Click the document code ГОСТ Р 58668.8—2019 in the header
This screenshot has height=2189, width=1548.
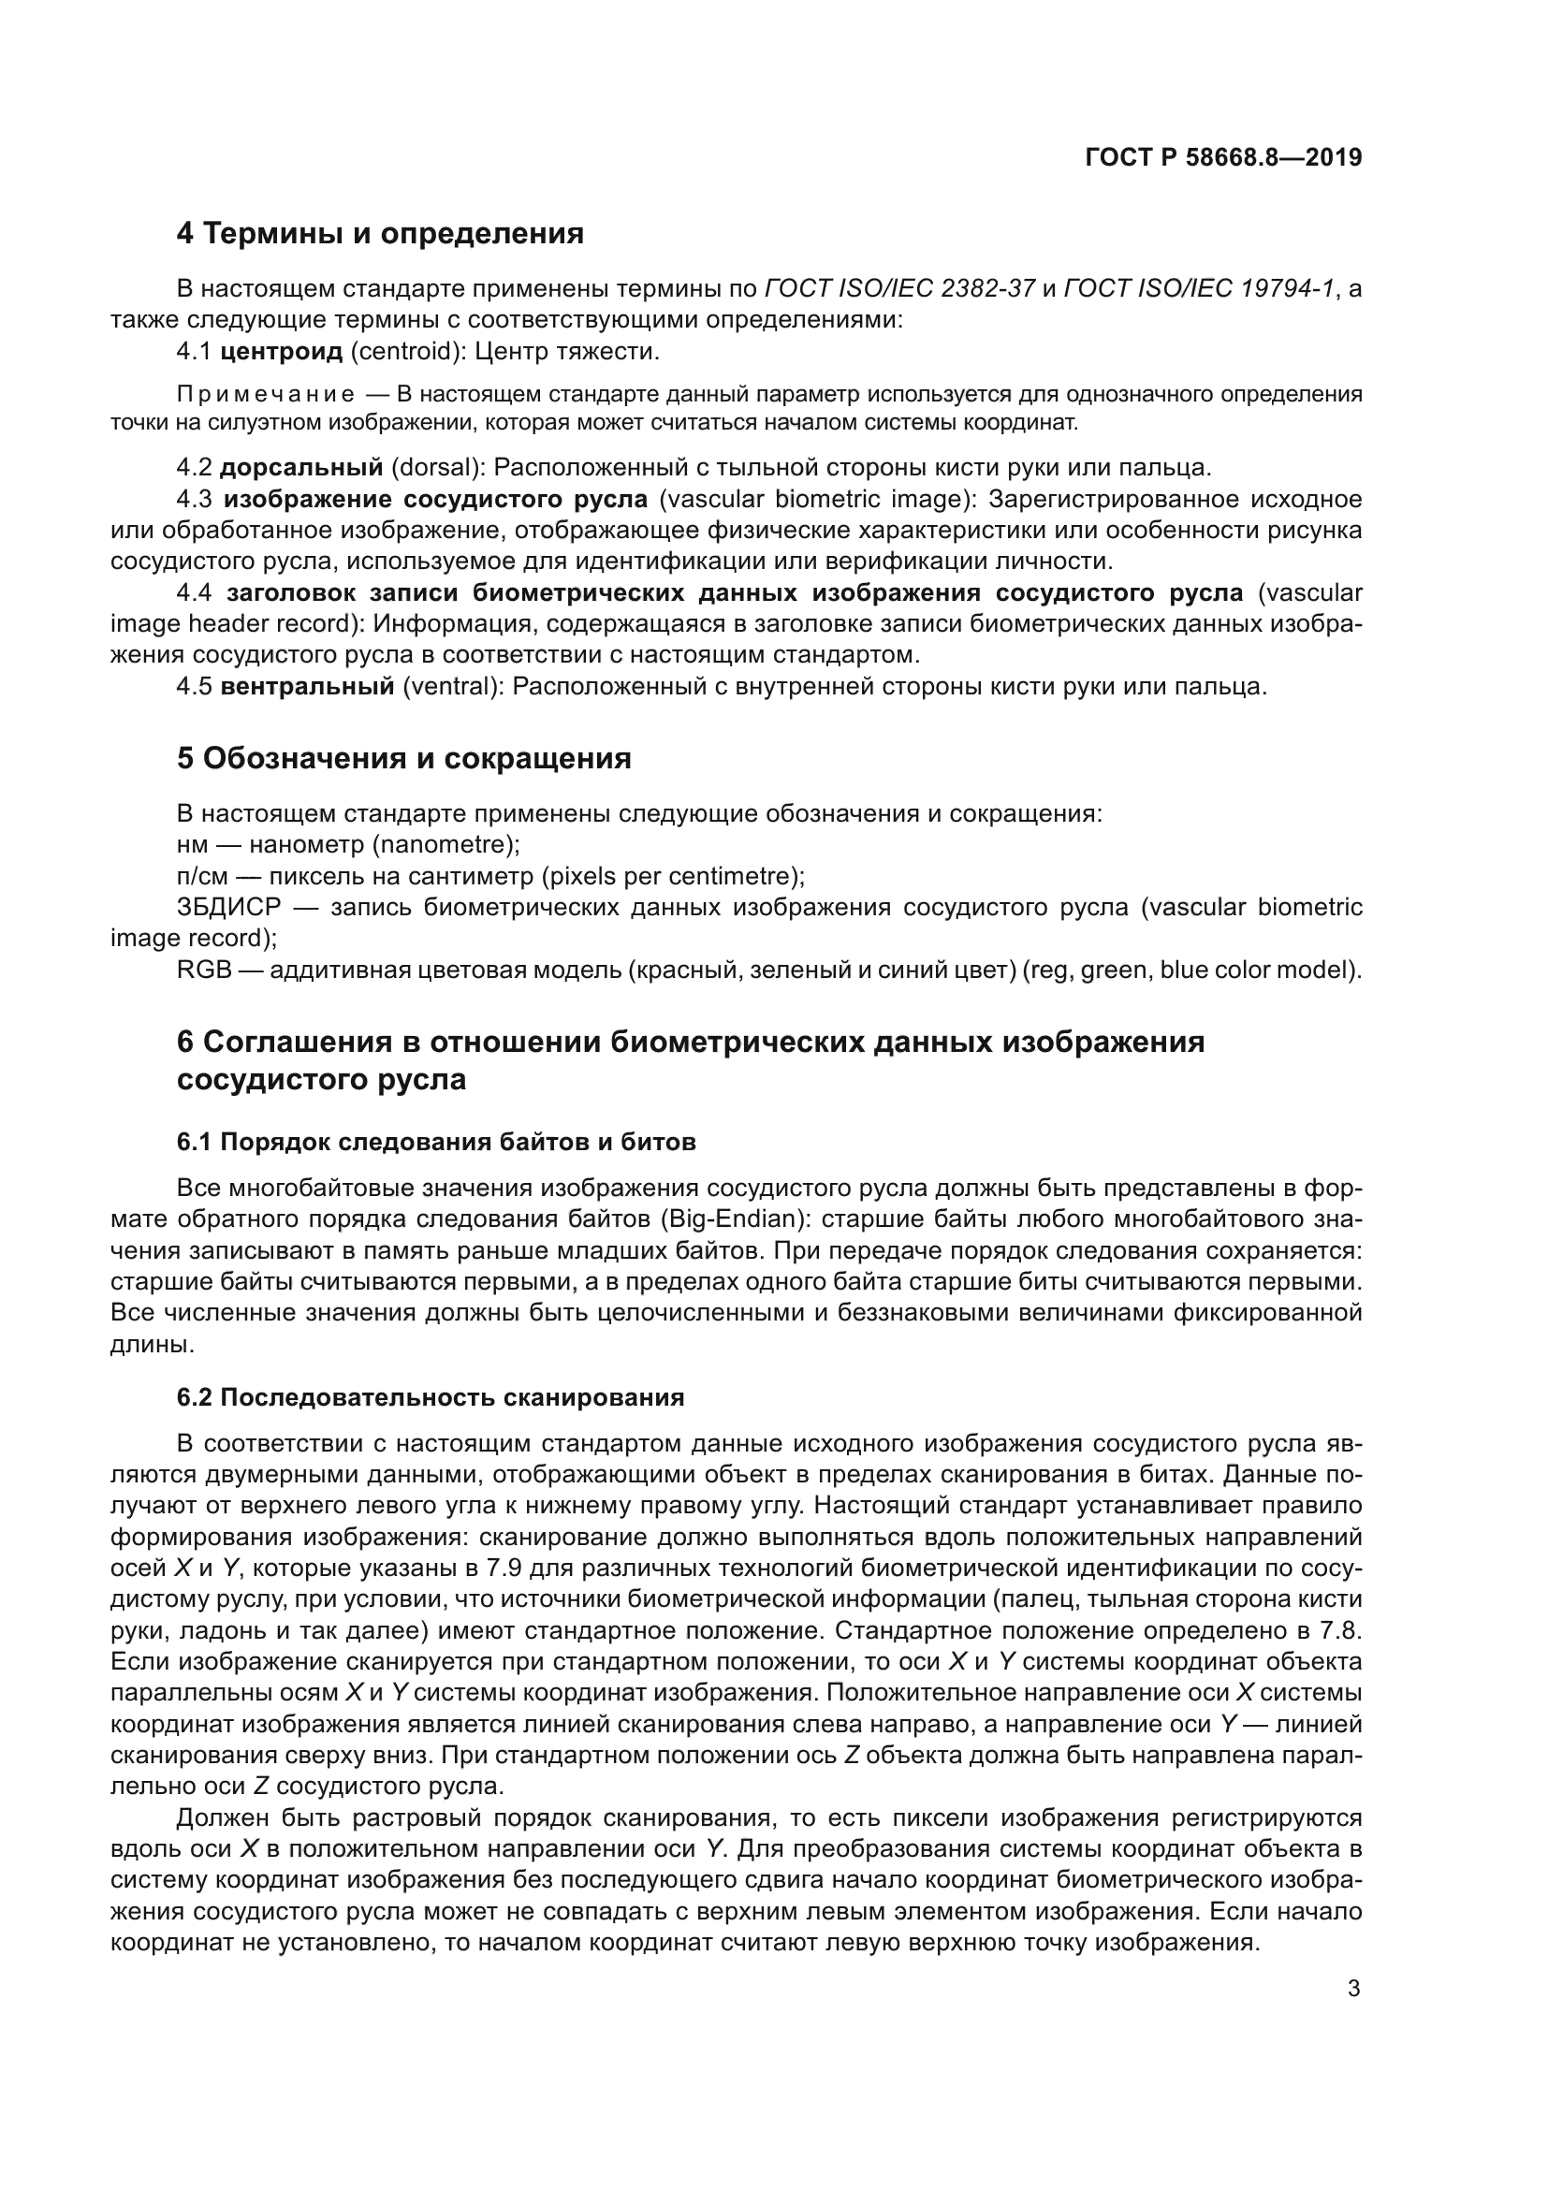click(1223, 157)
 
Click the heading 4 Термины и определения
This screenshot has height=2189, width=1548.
click(379, 233)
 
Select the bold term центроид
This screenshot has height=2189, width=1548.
click(281, 352)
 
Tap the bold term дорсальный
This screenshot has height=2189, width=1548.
click(301, 467)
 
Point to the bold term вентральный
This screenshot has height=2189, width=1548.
click(307, 686)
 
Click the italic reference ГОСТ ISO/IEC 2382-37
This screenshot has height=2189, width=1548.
click(899, 288)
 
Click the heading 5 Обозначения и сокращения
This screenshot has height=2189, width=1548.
click(403, 758)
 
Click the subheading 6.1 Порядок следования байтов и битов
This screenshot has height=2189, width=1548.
click(435, 1141)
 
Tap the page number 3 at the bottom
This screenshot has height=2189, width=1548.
click(1353, 1989)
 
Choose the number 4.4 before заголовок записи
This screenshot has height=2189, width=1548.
click(194, 593)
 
